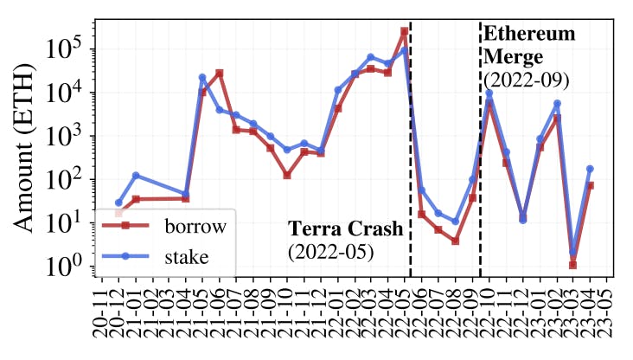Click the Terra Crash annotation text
[x=345, y=229]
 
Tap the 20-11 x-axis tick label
[x=102, y=315]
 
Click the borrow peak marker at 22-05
[x=405, y=32]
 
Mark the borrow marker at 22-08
[x=455, y=241]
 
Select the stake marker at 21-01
[x=136, y=176]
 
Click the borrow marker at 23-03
[x=573, y=265]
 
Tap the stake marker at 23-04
[x=591, y=169]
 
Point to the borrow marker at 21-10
[x=287, y=176]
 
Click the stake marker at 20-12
[x=118, y=202]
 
